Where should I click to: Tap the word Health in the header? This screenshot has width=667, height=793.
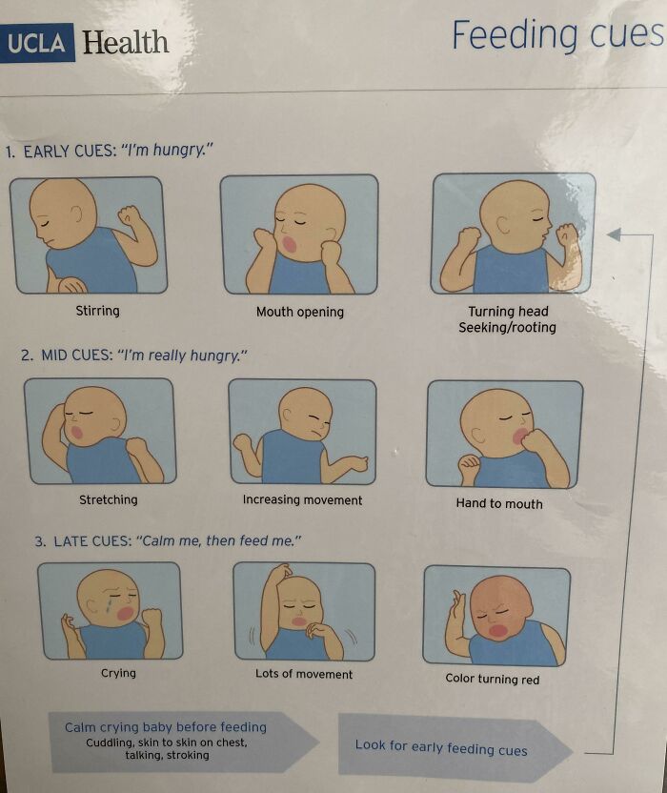[125, 43]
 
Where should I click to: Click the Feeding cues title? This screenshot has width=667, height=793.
[556, 35]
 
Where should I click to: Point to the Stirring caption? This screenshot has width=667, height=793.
[98, 311]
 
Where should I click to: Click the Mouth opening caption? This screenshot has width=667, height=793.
[300, 312]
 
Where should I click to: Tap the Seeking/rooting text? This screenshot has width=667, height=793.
[507, 327]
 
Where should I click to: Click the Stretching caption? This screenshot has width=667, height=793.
[108, 499]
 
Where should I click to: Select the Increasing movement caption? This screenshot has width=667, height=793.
[302, 499]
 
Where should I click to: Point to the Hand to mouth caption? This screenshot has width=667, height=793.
[498, 503]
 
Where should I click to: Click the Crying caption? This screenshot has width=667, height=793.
[118, 673]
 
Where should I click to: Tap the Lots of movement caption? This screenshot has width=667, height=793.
[304, 674]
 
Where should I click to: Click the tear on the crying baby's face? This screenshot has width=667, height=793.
[107, 605]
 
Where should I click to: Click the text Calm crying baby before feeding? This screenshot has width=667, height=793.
[166, 727]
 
